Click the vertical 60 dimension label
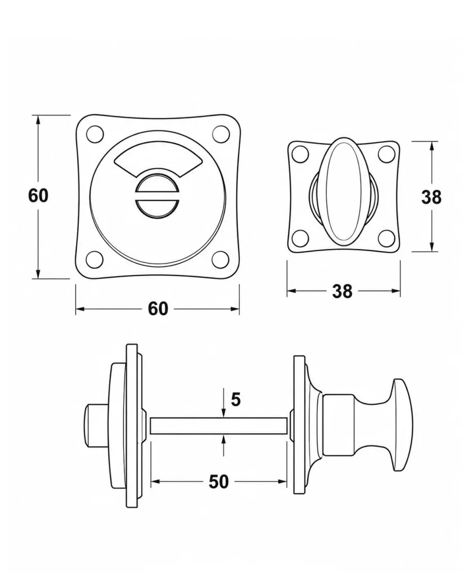[38, 195]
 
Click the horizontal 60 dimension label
[158, 308]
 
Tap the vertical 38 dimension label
[432, 197]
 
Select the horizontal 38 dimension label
[342, 291]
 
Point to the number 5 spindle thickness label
[236, 400]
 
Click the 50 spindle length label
[219, 481]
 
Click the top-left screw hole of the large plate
[95, 134]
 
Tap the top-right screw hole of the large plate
[221, 134]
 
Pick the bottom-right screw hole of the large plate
[221, 259]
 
